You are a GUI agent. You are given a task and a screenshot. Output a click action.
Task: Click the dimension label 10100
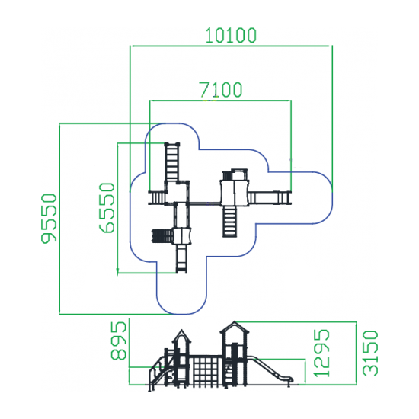[231, 36]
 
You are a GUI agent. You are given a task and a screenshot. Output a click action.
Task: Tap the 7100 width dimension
[221, 90]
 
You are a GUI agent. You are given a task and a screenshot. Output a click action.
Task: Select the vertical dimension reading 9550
[50, 219]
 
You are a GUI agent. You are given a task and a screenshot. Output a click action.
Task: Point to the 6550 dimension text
[107, 208]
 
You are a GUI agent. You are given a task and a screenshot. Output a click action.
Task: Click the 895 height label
[118, 341]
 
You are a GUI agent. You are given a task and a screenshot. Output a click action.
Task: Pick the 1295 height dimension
[321, 353]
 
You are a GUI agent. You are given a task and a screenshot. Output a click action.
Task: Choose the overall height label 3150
[370, 353]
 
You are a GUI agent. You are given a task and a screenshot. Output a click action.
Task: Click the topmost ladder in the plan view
[172, 162]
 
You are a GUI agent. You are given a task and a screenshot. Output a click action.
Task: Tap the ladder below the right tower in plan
[229, 221]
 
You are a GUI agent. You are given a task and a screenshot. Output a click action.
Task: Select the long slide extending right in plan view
[270, 198]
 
